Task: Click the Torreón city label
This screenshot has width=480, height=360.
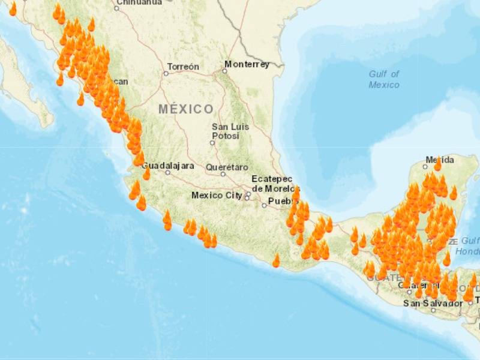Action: (x=183, y=67)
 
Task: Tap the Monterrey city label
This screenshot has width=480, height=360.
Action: (x=247, y=64)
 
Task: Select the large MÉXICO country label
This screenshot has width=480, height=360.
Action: (x=186, y=109)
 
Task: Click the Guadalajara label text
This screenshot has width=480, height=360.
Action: (x=168, y=164)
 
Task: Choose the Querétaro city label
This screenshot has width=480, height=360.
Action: (x=227, y=167)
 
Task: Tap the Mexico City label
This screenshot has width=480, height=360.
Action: (x=217, y=195)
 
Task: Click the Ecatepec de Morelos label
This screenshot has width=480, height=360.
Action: (x=272, y=184)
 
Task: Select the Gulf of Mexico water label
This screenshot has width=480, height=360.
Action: (x=384, y=79)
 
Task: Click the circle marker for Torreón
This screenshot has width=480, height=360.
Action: (x=166, y=73)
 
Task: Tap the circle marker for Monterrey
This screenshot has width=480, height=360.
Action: (x=224, y=71)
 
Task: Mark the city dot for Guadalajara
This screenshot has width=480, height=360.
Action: (x=168, y=173)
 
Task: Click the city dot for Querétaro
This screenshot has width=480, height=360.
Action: (x=223, y=174)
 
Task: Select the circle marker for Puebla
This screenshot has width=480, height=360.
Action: (x=264, y=205)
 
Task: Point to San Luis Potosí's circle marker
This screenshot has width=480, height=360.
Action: (x=212, y=143)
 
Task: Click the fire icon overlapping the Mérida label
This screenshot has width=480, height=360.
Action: (x=438, y=163)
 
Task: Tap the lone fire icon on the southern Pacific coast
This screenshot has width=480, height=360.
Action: (x=276, y=260)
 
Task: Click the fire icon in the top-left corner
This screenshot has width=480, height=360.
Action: (x=13, y=9)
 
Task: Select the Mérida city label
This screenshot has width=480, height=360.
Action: (x=438, y=160)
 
